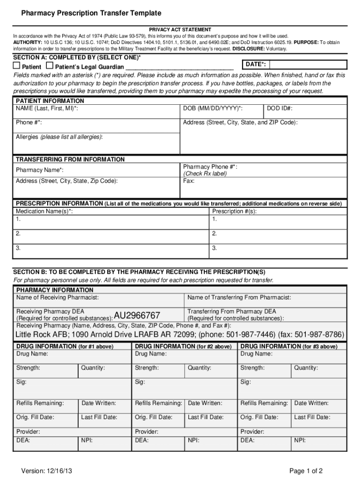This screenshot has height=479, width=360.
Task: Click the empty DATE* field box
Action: (308, 64)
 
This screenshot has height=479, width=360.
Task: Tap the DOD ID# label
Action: (280, 109)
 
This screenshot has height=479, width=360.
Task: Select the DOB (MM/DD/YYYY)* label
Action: (213, 109)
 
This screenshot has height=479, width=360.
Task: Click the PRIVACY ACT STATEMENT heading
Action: (180, 29)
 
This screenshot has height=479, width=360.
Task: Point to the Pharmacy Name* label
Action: (40, 170)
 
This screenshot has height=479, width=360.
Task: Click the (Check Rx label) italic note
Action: (205, 174)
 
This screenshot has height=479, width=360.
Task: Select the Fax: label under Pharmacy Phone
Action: (189, 181)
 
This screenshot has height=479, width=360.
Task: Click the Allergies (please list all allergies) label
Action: (59, 137)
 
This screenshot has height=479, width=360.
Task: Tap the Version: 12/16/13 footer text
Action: (46, 471)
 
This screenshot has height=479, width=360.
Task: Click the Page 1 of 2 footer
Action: (306, 471)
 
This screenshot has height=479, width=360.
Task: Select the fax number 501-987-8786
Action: (320, 334)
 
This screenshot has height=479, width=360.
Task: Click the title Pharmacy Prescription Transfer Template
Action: (91, 13)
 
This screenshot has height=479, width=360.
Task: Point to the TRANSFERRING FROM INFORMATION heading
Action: (70, 160)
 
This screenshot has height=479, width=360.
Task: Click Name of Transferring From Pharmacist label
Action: (239, 298)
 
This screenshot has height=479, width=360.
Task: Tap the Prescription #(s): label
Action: (234, 211)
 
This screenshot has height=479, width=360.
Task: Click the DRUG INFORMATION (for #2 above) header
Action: (183, 347)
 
